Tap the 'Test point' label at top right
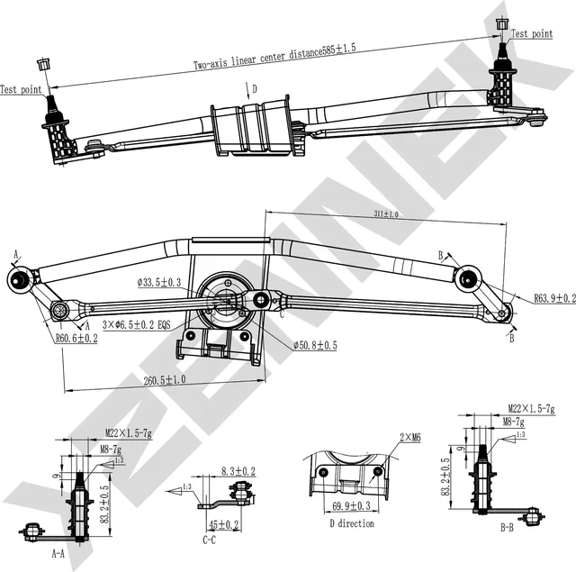pos(531,34)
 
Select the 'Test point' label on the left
pos(19,89)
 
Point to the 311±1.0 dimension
pos(384,214)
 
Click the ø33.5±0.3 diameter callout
pos(159,282)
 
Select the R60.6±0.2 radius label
pos(76,338)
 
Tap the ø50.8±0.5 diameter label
pos(315,345)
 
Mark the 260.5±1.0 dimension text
pos(165,380)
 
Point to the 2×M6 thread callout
pos(409,438)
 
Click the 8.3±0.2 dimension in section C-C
pos(238,471)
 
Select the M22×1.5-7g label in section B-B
pos(529,407)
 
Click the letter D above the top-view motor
pos(255,89)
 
